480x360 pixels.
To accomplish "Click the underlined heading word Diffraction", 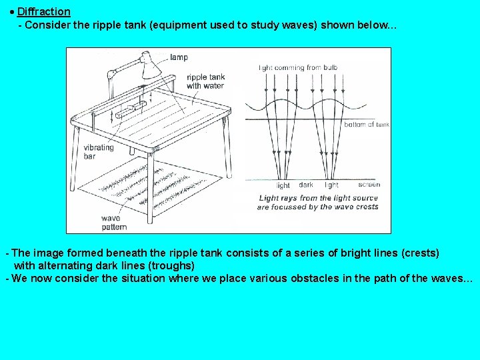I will coord(43,12).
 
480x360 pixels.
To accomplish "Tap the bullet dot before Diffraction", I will coord(12,12).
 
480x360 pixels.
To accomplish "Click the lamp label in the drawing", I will coord(179,57).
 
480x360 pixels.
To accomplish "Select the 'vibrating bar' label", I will coord(99,153).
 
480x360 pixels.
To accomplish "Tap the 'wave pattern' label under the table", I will coord(115,223).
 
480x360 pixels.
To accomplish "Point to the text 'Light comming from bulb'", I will coord(299,67).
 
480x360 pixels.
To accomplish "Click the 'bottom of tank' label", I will coord(366,125).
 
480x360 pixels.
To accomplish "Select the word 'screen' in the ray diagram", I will coord(369,185).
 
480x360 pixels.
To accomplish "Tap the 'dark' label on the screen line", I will coord(306,185).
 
